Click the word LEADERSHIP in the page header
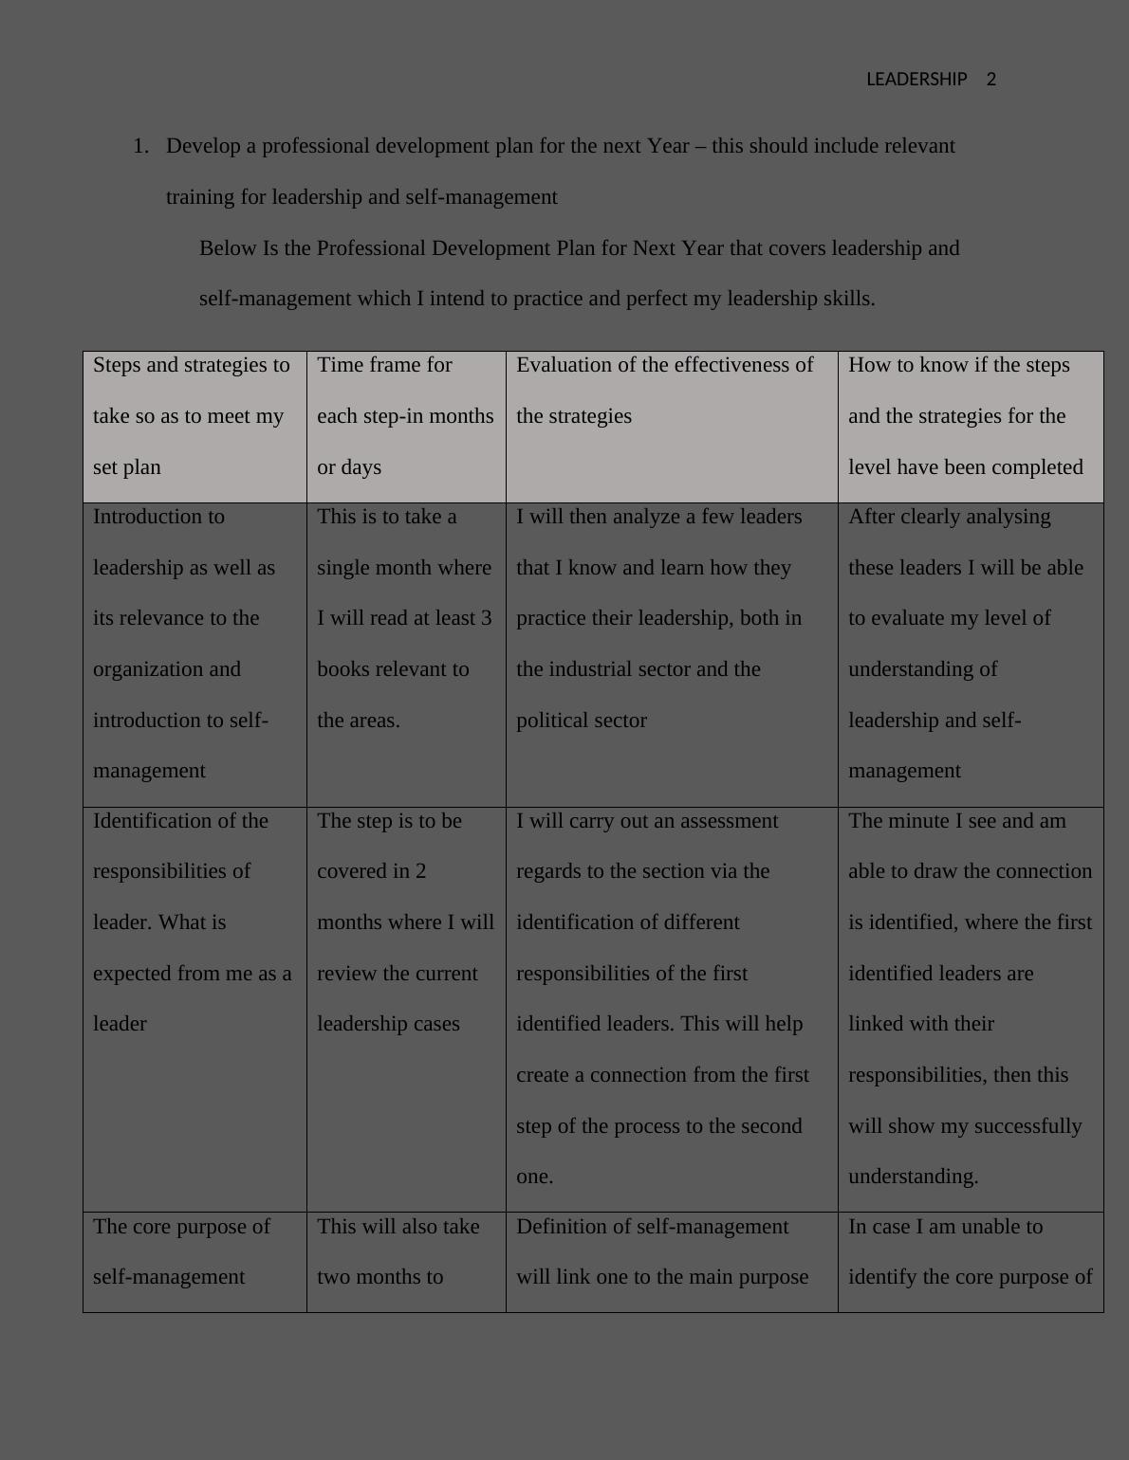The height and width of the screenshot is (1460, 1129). point(916,80)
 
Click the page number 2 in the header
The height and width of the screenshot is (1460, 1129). point(991,80)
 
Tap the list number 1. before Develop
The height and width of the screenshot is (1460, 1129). point(141,146)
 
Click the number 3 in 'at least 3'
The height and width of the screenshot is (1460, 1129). point(487,618)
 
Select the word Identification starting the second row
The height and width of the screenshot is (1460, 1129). point(152,821)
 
